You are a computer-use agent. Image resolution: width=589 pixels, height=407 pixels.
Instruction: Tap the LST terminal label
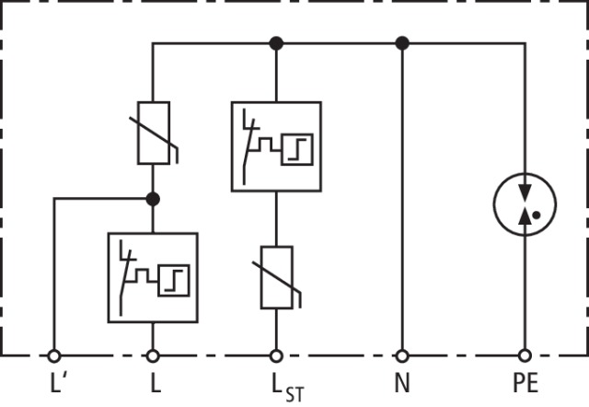coord(281,385)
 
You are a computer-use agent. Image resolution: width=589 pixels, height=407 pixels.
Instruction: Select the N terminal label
coord(401,382)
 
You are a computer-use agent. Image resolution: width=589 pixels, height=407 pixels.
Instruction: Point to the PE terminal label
coord(525,382)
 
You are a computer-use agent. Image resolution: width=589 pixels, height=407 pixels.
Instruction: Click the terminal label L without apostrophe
coord(153,382)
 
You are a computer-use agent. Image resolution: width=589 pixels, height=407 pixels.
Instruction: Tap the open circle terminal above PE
coord(525,355)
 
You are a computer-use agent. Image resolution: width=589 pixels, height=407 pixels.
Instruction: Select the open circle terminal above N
coord(401,355)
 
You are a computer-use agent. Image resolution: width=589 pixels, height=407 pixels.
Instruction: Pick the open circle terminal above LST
coord(275,355)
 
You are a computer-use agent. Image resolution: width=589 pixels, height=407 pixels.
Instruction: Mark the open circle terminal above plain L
coord(153,355)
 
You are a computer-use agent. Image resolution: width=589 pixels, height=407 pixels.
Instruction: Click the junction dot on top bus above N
coord(401,42)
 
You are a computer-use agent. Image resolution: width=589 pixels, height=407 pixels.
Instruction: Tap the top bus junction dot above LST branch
coord(275,42)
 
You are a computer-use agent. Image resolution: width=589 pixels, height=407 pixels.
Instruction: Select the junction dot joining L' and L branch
coord(153,198)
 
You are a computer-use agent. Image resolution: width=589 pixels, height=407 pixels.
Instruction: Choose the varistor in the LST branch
coord(276,277)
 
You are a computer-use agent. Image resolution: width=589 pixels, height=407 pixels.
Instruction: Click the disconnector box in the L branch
coord(153,277)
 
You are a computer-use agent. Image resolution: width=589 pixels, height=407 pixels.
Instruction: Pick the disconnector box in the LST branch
coord(276,145)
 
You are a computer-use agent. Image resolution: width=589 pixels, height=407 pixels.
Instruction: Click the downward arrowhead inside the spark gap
coord(525,194)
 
